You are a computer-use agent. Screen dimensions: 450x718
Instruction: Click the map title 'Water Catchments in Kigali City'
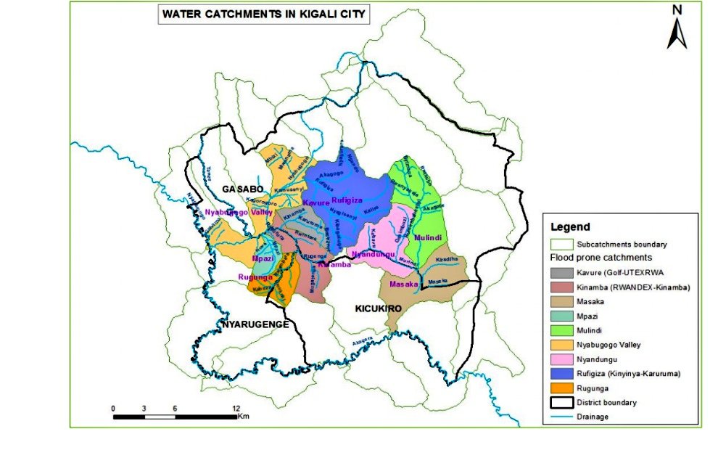click(x=262, y=14)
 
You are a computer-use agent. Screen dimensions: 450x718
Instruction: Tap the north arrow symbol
click(x=678, y=29)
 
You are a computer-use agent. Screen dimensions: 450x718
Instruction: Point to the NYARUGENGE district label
click(x=257, y=324)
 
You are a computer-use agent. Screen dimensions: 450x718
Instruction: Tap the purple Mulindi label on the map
click(x=428, y=237)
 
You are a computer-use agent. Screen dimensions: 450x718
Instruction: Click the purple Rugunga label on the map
click(x=255, y=277)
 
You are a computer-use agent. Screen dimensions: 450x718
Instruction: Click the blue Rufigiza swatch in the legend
click(x=560, y=373)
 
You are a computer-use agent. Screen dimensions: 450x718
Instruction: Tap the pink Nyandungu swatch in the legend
click(x=560, y=359)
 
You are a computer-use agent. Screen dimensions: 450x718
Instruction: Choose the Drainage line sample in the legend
click(x=560, y=417)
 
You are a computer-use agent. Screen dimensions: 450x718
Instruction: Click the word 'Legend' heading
click(x=570, y=227)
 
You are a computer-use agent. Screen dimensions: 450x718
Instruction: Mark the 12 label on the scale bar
click(x=236, y=409)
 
